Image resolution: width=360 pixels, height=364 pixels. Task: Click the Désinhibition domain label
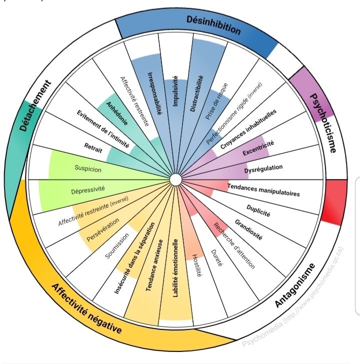coord(213,25)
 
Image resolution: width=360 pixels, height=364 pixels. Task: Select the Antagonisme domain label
coord(295,285)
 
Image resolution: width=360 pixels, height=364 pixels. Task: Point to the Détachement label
coord(35,106)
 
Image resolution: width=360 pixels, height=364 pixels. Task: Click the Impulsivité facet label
coord(175,91)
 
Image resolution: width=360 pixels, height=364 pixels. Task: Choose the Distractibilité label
coord(196,94)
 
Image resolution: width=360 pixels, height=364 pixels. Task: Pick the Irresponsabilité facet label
coord(154,94)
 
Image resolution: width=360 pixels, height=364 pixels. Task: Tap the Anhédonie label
coord(117,114)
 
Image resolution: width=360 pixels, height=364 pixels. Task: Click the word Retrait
coord(93,148)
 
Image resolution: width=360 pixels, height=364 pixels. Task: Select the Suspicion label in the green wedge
coord(88,169)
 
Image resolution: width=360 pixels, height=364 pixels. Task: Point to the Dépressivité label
coord(88,190)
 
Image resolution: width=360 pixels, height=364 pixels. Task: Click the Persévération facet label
coord(102,230)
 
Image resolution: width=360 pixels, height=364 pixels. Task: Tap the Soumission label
coord(117,246)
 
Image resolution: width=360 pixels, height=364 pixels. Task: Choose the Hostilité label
coord(197,265)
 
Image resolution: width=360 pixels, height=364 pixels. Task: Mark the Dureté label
coord(216,258)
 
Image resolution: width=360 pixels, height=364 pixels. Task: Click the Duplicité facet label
coord(258,211)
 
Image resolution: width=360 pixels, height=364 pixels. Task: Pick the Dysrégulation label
coord(263,169)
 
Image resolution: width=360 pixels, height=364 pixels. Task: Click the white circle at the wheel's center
coord(175,180)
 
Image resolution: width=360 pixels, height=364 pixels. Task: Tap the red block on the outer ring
coord(334,202)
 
